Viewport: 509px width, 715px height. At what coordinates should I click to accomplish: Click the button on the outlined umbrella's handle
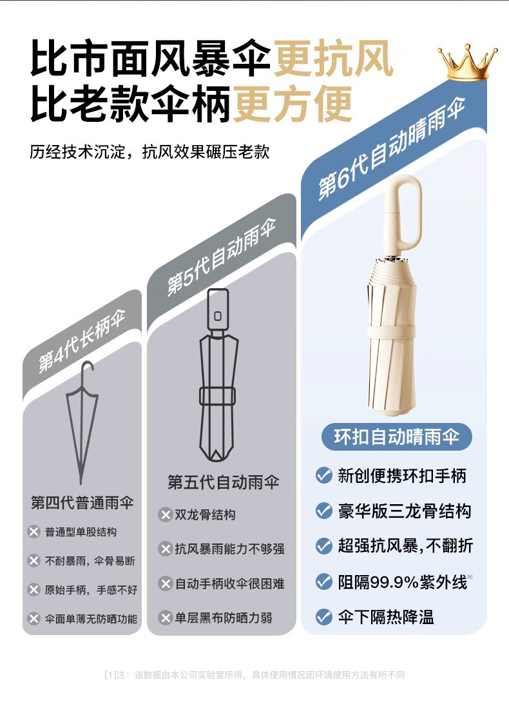pos(218,315)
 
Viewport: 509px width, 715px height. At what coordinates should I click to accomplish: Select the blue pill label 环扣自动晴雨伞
pos(396,437)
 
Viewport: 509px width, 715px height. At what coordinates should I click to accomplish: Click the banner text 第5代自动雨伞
pos(222,256)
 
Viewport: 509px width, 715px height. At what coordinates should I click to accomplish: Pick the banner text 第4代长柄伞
pos(82,341)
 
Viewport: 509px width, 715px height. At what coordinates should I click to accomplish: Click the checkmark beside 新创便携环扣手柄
pos(324,476)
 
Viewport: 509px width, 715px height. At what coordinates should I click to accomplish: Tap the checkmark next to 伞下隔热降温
pos(324,617)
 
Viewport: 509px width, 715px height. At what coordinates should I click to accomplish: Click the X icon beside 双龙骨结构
pos(164,515)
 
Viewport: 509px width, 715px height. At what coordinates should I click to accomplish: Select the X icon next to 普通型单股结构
pos(34,532)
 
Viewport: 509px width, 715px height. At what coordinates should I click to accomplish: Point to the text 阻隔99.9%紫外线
pos(403,582)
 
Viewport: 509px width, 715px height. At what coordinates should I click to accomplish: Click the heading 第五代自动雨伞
pos(224,482)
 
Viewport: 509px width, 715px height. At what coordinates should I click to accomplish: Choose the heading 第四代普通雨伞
pos(82,502)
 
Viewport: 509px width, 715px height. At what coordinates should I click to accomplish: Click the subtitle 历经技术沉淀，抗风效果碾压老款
pos(149,152)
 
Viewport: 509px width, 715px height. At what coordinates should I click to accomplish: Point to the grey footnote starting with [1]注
pos(254,675)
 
